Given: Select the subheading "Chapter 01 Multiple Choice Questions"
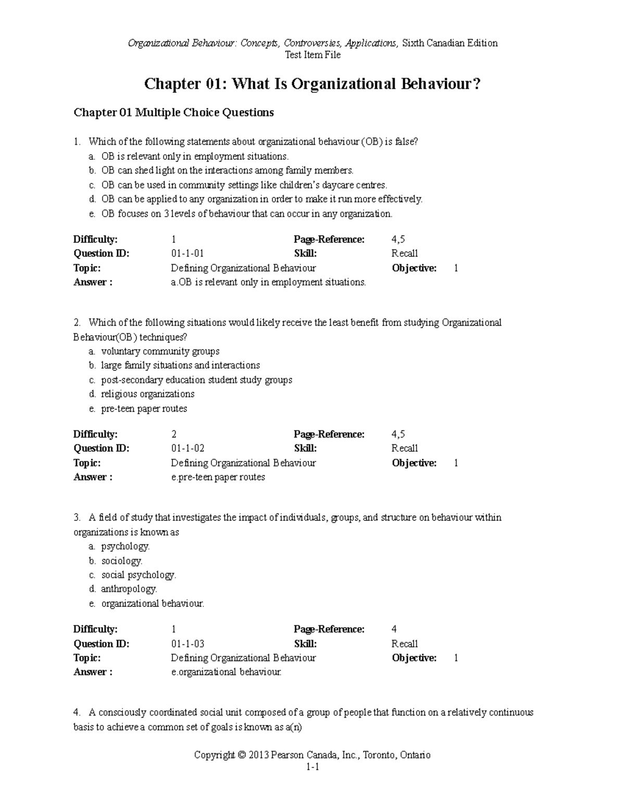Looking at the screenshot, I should point(173,113).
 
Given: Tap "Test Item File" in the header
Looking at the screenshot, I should point(312,55).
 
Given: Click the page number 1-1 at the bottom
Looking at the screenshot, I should point(312,767).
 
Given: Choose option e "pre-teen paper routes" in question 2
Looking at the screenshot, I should point(144,409).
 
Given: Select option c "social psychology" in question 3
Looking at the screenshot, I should point(139,575).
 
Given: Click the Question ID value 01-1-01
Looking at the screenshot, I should point(187,254).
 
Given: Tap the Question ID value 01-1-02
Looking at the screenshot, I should point(187,449).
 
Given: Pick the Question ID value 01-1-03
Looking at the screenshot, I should point(187,644).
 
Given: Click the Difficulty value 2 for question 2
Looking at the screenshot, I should point(174,434).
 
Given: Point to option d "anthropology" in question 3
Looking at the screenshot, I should point(129,589).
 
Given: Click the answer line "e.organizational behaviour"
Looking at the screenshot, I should point(226,673).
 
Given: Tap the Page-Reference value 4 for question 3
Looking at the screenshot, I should point(394,629).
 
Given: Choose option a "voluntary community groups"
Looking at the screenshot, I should point(160,352).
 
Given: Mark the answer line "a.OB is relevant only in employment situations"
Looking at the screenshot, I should point(268,282).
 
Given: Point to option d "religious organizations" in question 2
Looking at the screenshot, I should point(147,394).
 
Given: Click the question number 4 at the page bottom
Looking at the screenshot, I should point(77,713).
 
